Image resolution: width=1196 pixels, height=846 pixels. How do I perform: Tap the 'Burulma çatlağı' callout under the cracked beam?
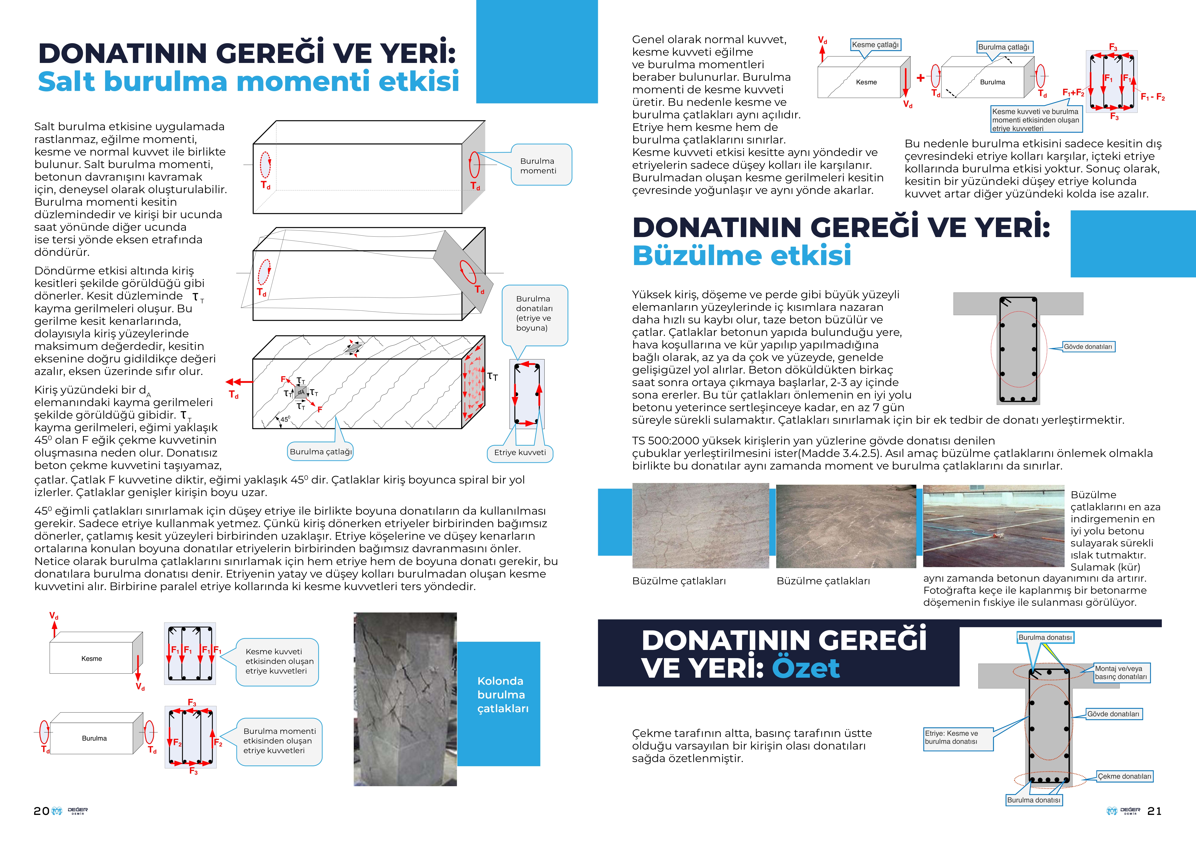point(321,452)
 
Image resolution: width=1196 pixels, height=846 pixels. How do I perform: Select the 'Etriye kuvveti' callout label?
point(520,453)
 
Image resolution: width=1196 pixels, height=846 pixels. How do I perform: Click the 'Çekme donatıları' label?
point(1124,776)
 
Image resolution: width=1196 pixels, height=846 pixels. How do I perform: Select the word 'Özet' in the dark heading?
point(805,668)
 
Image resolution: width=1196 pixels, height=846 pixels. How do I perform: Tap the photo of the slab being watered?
point(993,526)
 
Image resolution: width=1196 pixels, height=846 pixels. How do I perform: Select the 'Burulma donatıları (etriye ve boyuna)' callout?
point(534,314)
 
